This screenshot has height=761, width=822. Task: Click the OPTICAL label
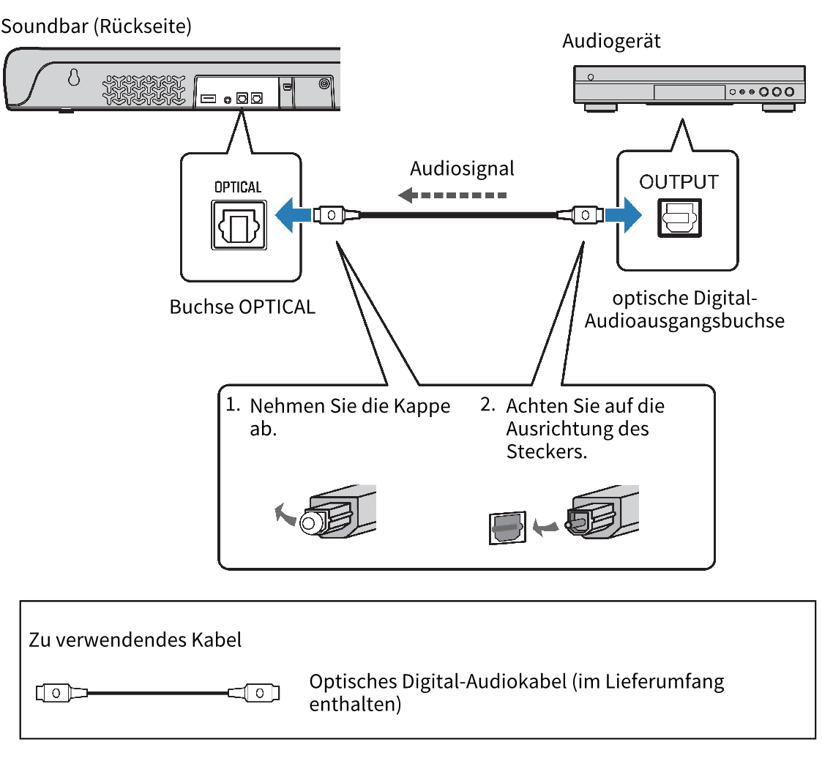[x=237, y=187]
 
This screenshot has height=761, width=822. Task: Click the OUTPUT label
[x=679, y=181]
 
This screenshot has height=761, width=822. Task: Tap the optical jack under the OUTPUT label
[x=680, y=217]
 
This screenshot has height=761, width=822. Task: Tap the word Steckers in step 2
[x=546, y=451]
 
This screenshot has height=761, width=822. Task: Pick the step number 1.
[x=233, y=405]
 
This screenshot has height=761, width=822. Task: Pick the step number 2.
[x=487, y=405]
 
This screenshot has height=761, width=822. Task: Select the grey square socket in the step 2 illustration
[x=507, y=527]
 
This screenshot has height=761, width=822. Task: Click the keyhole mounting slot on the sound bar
[x=73, y=78]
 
